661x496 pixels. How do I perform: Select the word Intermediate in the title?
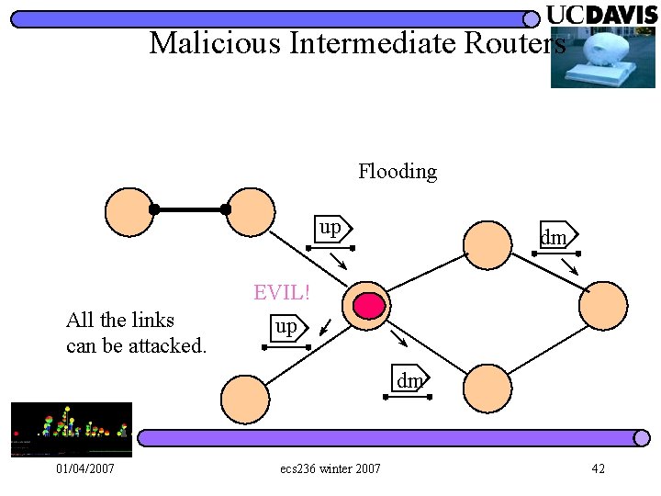[378, 42]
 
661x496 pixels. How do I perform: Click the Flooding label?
[398, 171]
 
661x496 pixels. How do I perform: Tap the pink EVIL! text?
[282, 293]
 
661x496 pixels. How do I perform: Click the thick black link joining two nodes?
[190, 209]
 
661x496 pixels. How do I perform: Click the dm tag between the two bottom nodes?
[409, 378]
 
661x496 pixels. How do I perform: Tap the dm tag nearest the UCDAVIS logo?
[554, 237]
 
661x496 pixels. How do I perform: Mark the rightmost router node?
[603, 306]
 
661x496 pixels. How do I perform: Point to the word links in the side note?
[152, 320]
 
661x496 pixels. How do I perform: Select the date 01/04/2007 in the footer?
[84, 469]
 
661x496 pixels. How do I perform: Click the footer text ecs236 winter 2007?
[330, 469]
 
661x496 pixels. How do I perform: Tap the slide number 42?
[598, 469]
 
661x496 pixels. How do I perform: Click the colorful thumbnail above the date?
[72, 429]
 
